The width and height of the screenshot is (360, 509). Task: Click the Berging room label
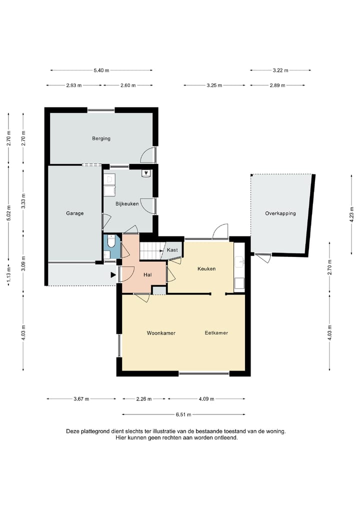[x=101, y=138]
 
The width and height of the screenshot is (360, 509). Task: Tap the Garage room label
[x=75, y=213]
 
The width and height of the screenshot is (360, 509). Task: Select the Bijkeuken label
[x=127, y=204]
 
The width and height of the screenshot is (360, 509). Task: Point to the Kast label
[x=172, y=250]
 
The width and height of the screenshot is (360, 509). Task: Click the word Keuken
[x=206, y=269]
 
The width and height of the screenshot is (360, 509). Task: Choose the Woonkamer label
[x=161, y=333]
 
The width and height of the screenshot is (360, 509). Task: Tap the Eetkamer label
[x=216, y=333]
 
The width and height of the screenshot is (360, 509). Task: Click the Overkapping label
[x=280, y=213]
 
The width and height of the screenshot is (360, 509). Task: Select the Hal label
[x=147, y=275]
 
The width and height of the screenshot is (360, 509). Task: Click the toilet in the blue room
[x=111, y=241]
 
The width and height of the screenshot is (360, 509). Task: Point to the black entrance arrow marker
[x=113, y=275]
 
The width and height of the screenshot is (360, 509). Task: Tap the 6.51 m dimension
[x=183, y=414]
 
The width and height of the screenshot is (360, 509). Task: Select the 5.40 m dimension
[x=101, y=70]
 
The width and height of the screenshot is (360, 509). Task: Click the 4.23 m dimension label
[x=351, y=214]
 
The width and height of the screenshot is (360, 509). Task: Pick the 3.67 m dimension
[x=81, y=399]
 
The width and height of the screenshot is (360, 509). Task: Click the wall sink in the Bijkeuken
[x=146, y=173]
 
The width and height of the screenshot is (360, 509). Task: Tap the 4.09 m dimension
[x=206, y=399]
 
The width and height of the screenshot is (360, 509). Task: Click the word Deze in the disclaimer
[x=72, y=431]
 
